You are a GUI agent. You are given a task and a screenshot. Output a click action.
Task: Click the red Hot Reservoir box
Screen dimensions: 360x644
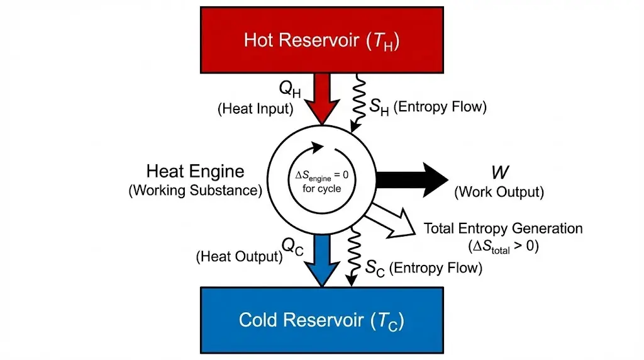(x=321, y=39)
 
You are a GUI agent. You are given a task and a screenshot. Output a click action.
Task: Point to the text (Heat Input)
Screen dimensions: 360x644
(x=255, y=108)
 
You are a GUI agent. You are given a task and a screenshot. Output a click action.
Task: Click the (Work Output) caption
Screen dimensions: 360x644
(x=499, y=191)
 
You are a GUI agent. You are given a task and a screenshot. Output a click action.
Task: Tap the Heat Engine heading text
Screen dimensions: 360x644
(x=195, y=171)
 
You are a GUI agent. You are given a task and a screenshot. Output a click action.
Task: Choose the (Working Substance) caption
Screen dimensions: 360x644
(x=195, y=191)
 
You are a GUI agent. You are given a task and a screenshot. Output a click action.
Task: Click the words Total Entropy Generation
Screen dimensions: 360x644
(x=503, y=228)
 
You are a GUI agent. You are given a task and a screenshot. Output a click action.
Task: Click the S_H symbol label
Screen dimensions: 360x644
(x=379, y=108)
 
